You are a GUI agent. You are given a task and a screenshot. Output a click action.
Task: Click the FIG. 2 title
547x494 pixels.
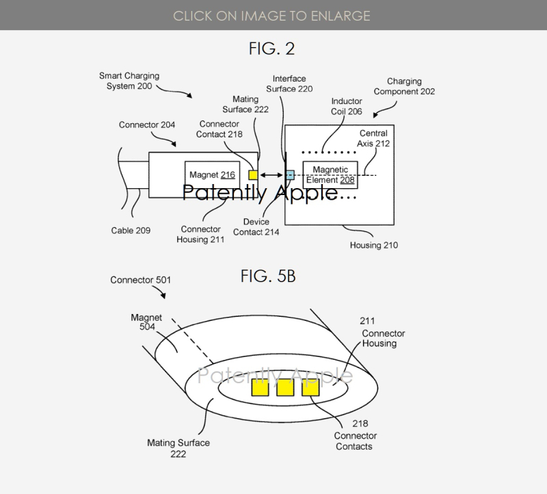(272, 50)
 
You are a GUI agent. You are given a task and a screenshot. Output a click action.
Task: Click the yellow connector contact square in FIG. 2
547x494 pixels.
(253, 175)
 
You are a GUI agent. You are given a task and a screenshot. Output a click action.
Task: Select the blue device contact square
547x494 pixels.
(290, 175)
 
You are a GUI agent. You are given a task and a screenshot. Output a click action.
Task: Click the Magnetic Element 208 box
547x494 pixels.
(330, 175)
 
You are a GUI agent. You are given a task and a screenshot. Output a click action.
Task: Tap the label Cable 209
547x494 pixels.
(131, 231)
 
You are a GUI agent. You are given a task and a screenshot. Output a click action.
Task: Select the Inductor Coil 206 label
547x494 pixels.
(347, 106)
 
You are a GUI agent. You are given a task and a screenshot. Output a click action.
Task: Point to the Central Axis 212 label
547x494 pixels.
(373, 138)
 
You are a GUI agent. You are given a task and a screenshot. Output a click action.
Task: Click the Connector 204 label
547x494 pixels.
(146, 125)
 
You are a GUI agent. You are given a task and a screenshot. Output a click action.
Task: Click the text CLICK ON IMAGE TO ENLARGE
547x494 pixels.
(273, 15)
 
